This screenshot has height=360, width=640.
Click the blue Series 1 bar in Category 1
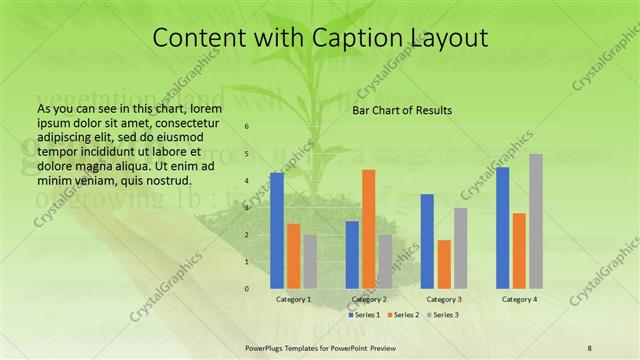(x=277, y=231)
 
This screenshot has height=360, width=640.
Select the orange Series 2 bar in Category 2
(x=368, y=229)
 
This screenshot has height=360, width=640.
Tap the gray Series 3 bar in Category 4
(x=536, y=221)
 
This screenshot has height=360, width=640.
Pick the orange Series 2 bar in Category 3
(x=444, y=264)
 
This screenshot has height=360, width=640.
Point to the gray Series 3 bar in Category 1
(x=310, y=262)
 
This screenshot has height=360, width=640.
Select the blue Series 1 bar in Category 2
(x=352, y=255)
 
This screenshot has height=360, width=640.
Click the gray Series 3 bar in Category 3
(x=460, y=248)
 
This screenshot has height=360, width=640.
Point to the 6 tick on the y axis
(x=247, y=127)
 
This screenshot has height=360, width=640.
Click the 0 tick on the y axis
(x=247, y=289)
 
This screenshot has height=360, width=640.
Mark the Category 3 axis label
(x=444, y=299)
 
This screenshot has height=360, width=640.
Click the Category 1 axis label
(x=293, y=299)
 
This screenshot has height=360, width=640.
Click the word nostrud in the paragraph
(x=166, y=180)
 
